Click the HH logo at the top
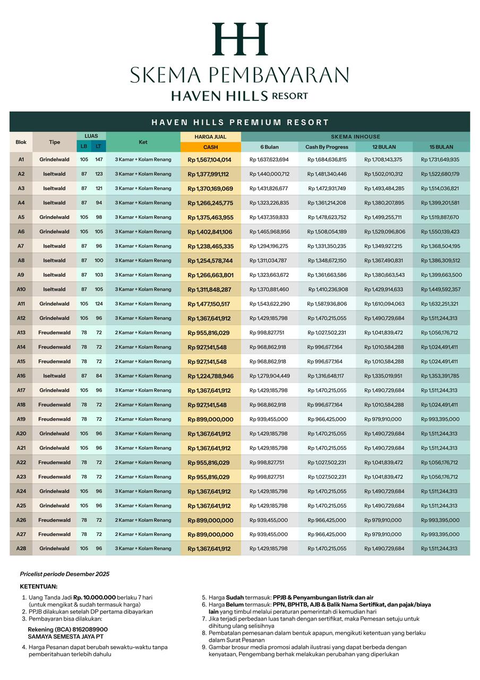[240, 39]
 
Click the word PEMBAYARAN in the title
[279, 75]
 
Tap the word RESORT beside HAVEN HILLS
[289, 96]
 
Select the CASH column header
[210, 147]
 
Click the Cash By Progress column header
[327, 147]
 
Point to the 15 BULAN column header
[441, 147]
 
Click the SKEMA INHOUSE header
[355, 137]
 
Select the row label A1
[21, 159]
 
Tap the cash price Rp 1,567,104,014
[210, 160]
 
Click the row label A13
[21, 333]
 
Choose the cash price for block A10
[210, 290]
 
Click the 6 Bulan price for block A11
[269, 304]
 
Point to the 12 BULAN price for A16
[383, 376]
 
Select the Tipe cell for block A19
[54, 419]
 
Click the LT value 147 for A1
[99, 159]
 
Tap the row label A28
[21, 548]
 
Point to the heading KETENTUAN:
[39, 587]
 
